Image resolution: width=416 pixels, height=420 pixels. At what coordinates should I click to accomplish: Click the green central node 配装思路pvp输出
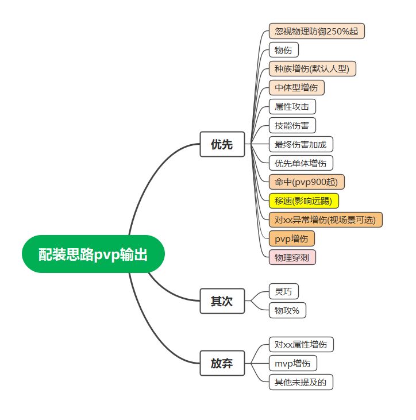pyautogui.click(x=93, y=254)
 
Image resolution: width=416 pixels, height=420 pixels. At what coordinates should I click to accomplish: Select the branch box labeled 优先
pyautogui.click(x=222, y=144)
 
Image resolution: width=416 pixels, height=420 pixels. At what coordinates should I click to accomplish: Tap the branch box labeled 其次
pyautogui.click(x=222, y=301)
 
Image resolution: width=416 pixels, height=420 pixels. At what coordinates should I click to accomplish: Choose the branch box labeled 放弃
pyautogui.click(x=222, y=363)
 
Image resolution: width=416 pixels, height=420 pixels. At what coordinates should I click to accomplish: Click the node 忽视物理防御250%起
pyautogui.click(x=317, y=31)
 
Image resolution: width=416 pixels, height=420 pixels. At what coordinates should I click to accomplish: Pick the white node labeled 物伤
pyautogui.click(x=283, y=50)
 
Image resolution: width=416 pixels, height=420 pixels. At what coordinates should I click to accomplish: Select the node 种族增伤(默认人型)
pyautogui.click(x=313, y=69)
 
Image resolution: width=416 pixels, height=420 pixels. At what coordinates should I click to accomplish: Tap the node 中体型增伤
pyautogui.click(x=296, y=88)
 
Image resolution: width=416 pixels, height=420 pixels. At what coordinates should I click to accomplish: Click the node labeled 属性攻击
pyautogui.click(x=292, y=107)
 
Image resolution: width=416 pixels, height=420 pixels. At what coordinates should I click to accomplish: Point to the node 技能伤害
pyautogui.click(x=292, y=125)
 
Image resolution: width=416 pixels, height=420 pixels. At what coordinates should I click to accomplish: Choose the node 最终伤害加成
pyautogui.click(x=301, y=144)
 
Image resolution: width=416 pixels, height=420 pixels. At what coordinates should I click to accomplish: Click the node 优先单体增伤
pyautogui.click(x=301, y=163)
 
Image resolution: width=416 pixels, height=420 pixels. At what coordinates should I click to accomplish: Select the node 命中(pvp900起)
pyautogui.click(x=306, y=182)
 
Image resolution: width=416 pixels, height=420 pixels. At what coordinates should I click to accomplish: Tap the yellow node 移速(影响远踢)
pyautogui.click(x=303, y=201)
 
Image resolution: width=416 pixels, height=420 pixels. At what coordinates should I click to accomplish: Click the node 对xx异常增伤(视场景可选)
pyautogui.click(x=325, y=219)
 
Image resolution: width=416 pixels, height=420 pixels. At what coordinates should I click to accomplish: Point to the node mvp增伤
pyautogui.click(x=292, y=363)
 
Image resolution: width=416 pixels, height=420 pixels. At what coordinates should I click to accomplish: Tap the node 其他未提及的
pyautogui.click(x=301, y=382)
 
